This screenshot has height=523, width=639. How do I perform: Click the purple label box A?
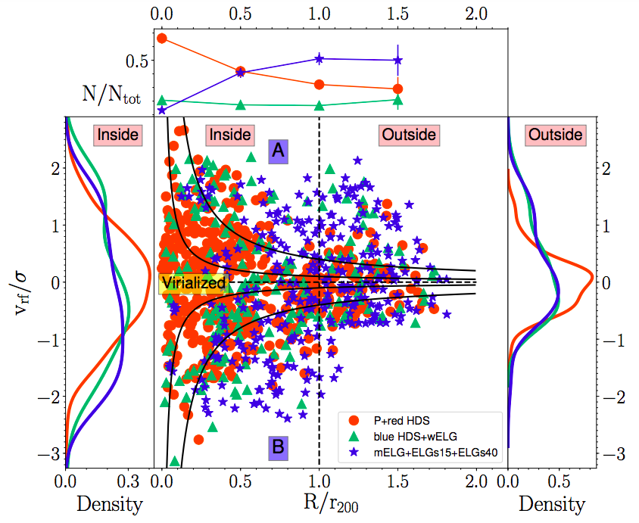tap(278, 151)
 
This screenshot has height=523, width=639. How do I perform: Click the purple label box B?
tap(278, 448)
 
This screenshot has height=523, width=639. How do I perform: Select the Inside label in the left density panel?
tap(117, 135)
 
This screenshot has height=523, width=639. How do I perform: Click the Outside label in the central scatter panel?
tap(408, 135)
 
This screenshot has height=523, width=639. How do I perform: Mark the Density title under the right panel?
tap(549, 504)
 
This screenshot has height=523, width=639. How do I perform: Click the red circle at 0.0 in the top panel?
tap(161, 38)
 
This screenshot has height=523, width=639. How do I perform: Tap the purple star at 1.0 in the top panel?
tap(319, 58)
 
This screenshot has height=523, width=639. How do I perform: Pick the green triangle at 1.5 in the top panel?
tap(397, 99)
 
